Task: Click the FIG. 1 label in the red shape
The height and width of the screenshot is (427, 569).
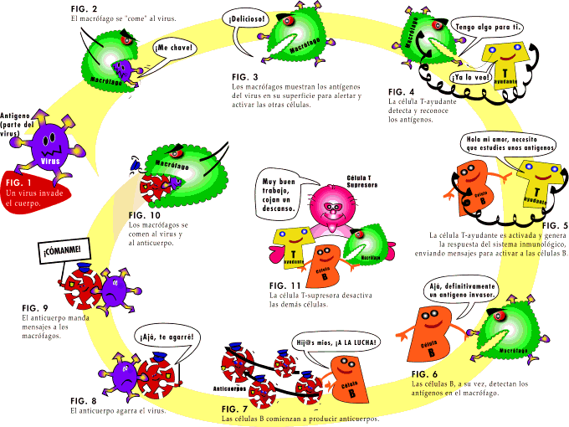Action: tap(18, 182)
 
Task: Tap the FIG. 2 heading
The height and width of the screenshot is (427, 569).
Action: tap(84, 8)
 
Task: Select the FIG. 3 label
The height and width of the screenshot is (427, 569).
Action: tap(243, 76)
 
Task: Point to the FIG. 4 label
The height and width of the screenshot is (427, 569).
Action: tap(401, 90)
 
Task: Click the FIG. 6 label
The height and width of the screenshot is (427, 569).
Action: tap(424, 373)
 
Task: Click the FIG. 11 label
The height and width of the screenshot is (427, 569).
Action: tap(283, 286)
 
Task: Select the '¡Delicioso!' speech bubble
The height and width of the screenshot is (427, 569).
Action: tap(244, 17)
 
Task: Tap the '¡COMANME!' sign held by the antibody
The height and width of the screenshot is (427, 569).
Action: tap(62, 250)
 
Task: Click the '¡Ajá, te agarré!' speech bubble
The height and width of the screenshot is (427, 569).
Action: tap(166, 339)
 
